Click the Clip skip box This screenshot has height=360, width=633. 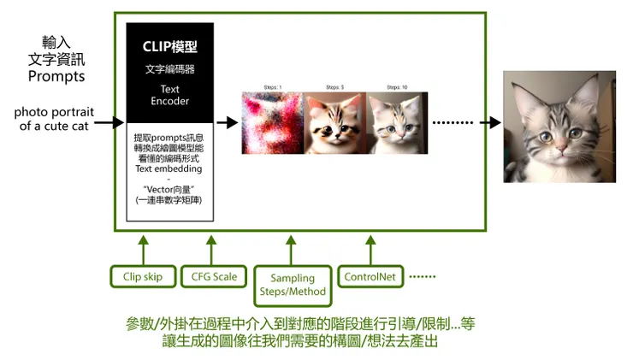(x=144, y=276)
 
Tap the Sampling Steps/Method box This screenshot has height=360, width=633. (x=293, y=285)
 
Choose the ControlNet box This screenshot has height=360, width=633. (x=370, y=276)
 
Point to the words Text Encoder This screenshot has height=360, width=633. (x=169, y=95)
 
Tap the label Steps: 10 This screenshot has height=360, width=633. (x=397, y=87)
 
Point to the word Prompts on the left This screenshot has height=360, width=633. (x=56, y=76)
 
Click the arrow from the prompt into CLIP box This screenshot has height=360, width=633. (x=109, y=123)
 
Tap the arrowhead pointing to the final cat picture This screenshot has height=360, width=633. (x=494, y=123)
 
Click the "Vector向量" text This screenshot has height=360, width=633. (x=169, y=188)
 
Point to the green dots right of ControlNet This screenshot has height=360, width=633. (x=423, y=277)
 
